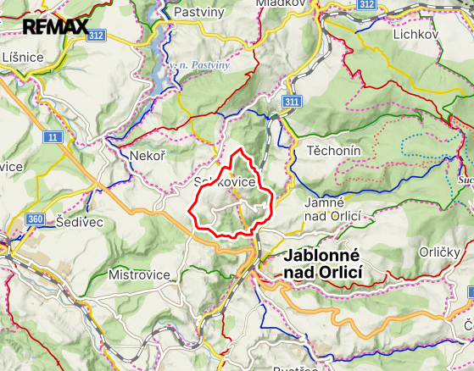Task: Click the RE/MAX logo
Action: [55, 26]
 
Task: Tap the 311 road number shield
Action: [293, 102]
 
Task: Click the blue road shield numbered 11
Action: [53, 136]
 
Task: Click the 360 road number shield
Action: [36, 220]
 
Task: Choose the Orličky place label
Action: [440, 252]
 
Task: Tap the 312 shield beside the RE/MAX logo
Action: [96, 35]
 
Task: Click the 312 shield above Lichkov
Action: [366, 5]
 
